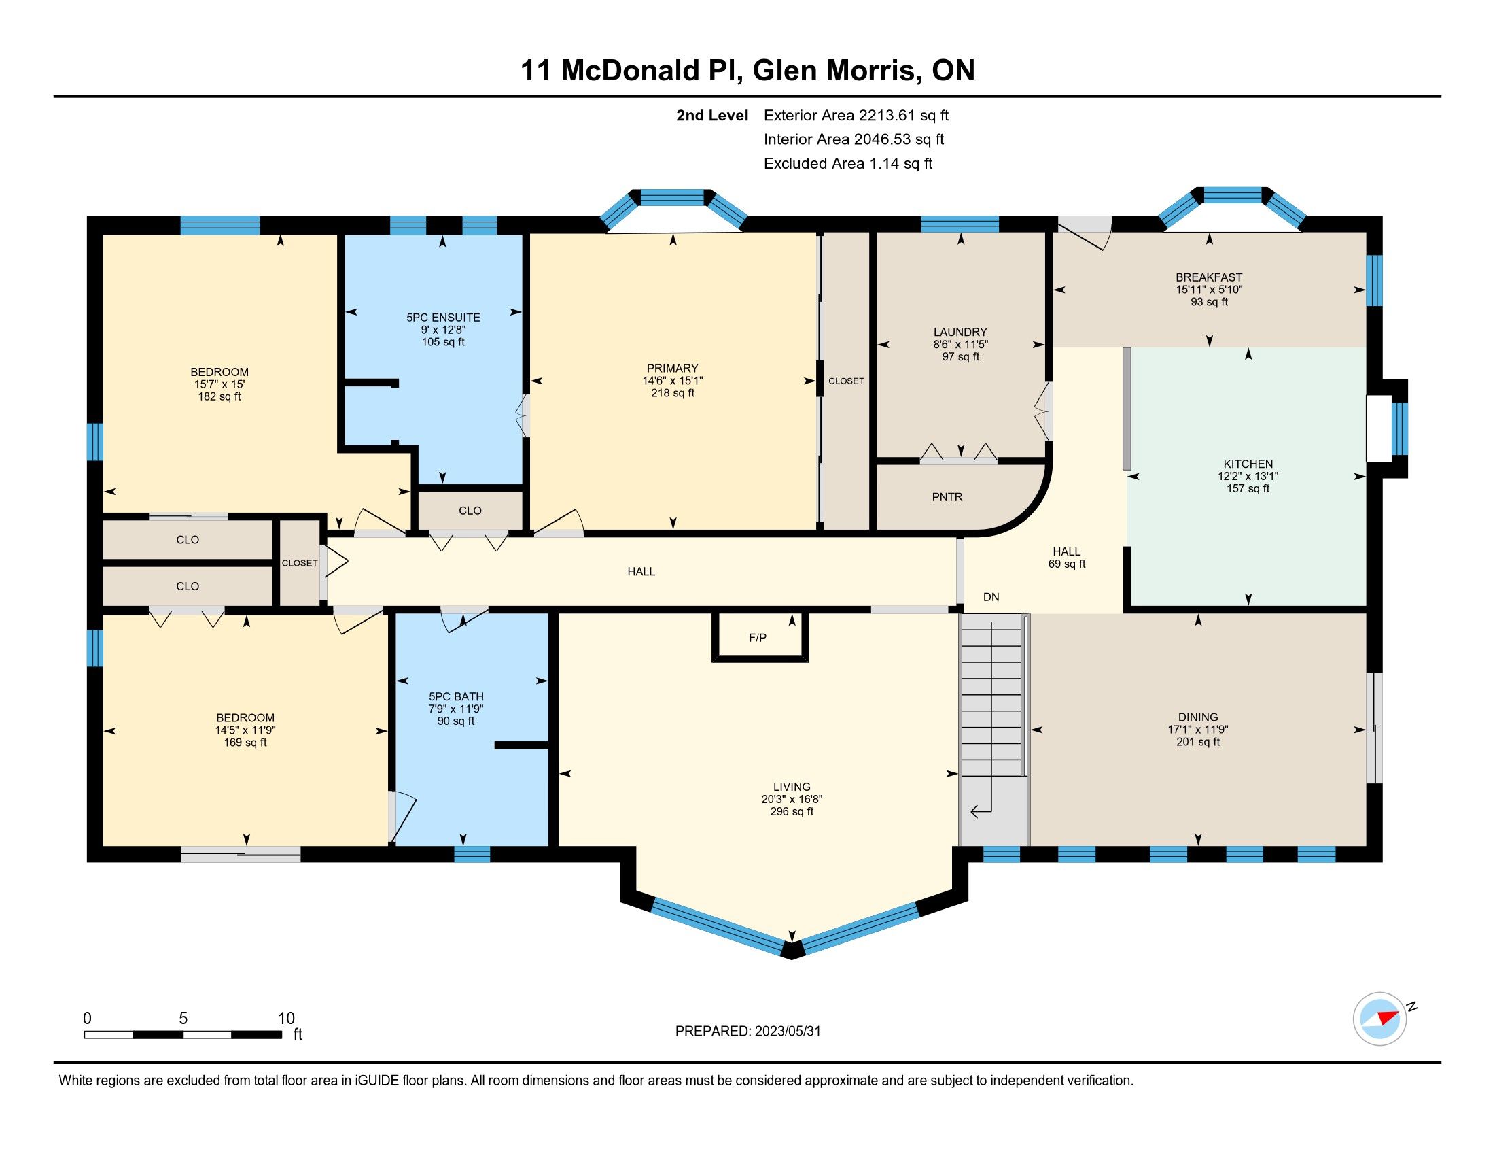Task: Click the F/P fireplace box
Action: coord(760,636)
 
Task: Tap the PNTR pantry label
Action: coord(947,497)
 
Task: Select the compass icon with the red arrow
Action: coord(1379,1019)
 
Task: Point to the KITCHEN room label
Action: coord(1248,464)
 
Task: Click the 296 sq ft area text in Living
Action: coord(792,811)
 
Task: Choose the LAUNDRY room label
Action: coord(960,332)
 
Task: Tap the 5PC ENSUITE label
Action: coord(444,318)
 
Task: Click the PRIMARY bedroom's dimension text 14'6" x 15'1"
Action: coord(673,381)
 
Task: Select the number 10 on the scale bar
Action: coord(286,1018)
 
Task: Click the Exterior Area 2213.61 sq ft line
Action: coord(856,115)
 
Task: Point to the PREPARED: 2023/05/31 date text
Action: coord(747,1032)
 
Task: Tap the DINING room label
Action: coord(1198,717)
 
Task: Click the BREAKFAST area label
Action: coord(1209,277)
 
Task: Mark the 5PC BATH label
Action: coord(456,696)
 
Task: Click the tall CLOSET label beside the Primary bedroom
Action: coord(846,381)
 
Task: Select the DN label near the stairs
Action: coord(991,597)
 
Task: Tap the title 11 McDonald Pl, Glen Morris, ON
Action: coord(747,71)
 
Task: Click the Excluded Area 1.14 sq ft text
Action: coord(848,163)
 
